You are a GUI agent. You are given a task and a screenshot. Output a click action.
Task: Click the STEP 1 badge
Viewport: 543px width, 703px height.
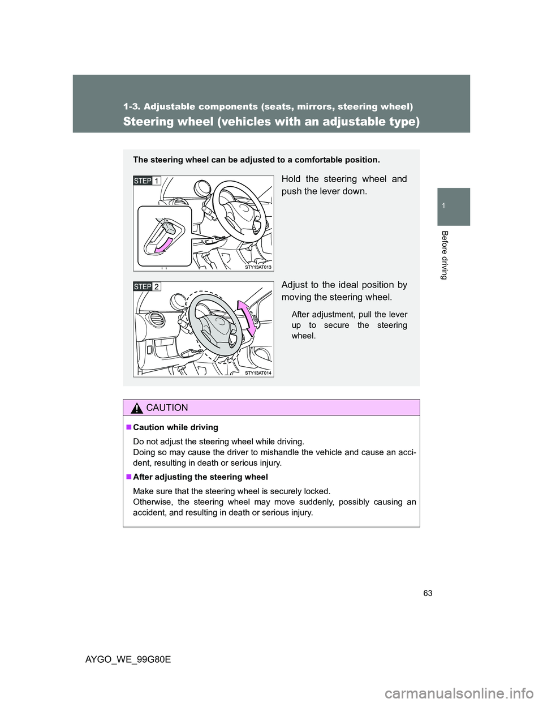146,180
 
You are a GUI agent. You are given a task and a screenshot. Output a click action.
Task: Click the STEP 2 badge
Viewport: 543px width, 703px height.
146,286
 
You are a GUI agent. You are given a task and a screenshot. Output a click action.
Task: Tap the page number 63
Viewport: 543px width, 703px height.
434,593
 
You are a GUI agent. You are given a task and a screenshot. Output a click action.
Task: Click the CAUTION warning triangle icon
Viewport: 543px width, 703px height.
136,408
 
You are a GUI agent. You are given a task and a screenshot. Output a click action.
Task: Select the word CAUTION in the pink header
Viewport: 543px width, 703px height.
167,408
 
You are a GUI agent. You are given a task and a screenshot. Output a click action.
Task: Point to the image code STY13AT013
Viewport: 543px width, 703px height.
259,267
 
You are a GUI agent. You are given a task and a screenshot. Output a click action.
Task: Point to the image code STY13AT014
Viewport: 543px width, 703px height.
259,373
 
